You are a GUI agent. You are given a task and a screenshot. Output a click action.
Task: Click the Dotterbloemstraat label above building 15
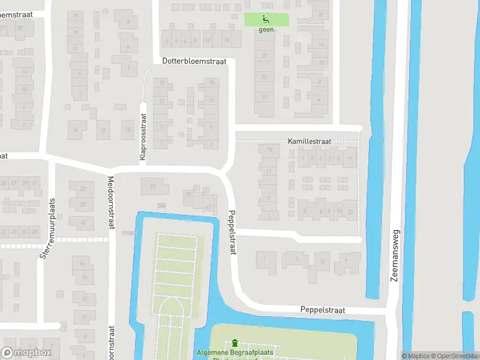pyautogui.click(x=194, y=61)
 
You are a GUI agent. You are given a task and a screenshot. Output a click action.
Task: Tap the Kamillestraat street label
pyautogui.click(x=308, y=140)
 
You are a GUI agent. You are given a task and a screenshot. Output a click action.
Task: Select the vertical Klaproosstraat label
pyautogui.click(x=143, y=137)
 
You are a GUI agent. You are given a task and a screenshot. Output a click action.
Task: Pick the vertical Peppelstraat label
pyautogui.click(x=232, y=232)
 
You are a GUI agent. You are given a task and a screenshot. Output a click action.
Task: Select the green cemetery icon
pyautogui.click(x=235, y=343)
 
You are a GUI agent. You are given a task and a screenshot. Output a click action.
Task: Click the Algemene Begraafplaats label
pyautogui.click(x=233, y=353)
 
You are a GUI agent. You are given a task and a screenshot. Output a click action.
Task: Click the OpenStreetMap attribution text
pyautogui.click(x=454, y=356)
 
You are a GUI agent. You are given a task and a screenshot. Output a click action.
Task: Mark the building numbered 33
pyautogui.click(x=152, y=187)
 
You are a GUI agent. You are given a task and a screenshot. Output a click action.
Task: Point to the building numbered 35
pyautogui.click(x=188, y=194)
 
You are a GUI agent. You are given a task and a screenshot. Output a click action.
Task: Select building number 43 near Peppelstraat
pyautogui.click(x=208, y=206)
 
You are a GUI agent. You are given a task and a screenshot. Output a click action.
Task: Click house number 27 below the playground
pyautogui.click(x=265, y=55)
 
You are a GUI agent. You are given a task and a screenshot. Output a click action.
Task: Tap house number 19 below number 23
pyautogui.click(x=265, y=97)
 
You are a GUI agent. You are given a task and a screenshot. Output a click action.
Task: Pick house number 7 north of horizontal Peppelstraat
pyautogui.click(x=344, y=262)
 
